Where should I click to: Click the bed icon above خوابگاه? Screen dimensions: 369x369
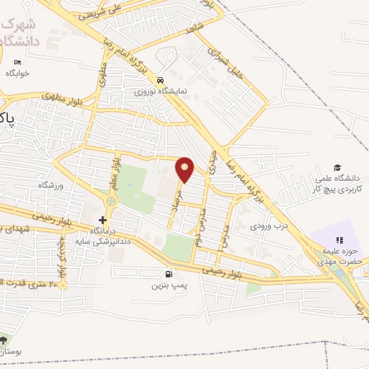pos(17,63)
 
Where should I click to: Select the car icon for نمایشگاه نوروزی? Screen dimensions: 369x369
pos(161,81)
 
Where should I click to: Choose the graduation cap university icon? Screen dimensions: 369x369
pos(337,168)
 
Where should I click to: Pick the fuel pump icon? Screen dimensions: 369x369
pos(169,274)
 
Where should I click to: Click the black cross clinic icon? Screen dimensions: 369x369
pos(102,220)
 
